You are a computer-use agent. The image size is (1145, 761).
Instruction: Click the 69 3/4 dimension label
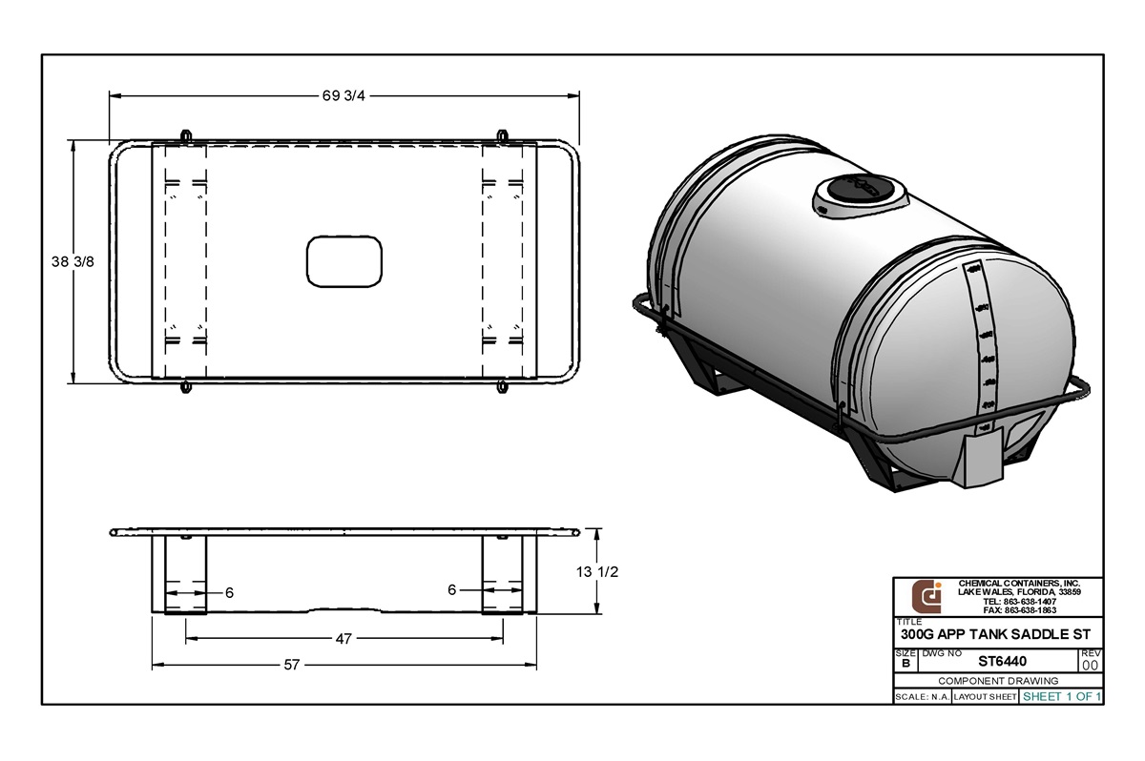click(342, 95)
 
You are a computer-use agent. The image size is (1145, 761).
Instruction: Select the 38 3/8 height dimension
click(73, 262)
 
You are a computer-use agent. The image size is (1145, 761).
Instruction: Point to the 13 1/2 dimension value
click(598, 572)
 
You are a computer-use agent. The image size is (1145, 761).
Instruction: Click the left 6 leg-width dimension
click(229, 592)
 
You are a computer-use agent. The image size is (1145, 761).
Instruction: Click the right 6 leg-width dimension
click(451, 590)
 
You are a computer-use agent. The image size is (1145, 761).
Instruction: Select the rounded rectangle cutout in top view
click(344, 262)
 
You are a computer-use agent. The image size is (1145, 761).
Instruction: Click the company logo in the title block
click(926, 596)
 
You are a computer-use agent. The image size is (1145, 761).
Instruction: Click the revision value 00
click(1090, 665)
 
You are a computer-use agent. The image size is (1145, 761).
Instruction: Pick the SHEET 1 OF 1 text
click(1062, 697)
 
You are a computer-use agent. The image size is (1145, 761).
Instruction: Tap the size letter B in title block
click(905, 663)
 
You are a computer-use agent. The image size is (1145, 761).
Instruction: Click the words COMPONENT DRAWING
click(998, 681)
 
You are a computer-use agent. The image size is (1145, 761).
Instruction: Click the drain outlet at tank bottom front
click(983, 459)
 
